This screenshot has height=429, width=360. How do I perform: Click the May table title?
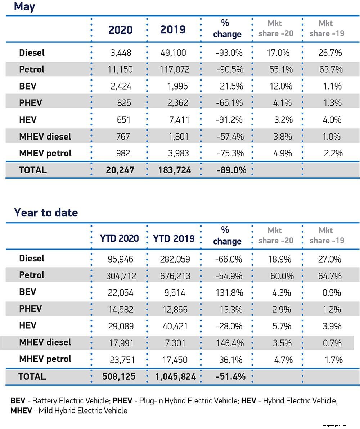[24, 6]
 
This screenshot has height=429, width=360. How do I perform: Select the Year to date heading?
[46, 213]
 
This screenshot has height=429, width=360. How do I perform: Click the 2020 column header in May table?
[120, 30]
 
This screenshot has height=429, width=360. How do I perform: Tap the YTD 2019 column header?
[174, 238]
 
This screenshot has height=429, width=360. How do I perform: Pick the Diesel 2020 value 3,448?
[121, 53]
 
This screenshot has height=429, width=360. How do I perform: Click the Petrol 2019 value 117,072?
[173, 69]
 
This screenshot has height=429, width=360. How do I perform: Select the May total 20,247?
[120, 170]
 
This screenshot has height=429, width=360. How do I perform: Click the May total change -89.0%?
[231, 170]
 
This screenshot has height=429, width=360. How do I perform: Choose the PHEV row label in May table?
[31, 103]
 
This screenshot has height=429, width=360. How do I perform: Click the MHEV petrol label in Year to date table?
[45, 359]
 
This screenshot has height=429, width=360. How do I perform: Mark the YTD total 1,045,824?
[175, 377]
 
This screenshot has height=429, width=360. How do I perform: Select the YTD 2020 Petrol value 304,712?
[121, 276]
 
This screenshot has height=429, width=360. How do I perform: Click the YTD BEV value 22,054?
[121, 293]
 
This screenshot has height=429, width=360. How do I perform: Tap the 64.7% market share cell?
[330, 276]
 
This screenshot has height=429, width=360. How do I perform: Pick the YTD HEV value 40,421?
[173, 326]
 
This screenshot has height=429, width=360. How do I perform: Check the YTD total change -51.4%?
[230, 377]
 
